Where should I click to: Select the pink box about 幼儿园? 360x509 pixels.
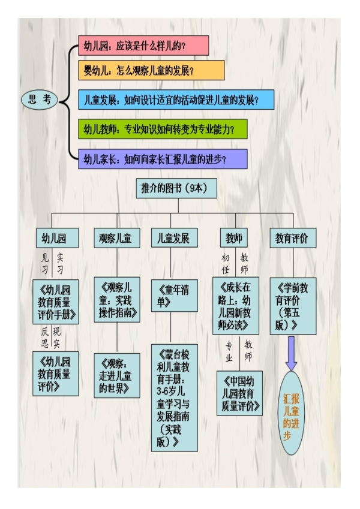143,46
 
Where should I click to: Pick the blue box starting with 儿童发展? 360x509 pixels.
176,100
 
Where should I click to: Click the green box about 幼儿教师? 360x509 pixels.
162,129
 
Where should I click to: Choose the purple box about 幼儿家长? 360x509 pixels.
162,159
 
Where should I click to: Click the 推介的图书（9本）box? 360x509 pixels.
170,189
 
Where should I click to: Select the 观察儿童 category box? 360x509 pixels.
115,238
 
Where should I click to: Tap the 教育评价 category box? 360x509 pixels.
292,238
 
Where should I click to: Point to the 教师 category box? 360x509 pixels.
233,238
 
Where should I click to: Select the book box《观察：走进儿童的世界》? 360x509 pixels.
116,375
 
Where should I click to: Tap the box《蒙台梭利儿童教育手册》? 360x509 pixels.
175,397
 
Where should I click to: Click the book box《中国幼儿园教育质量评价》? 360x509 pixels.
239,393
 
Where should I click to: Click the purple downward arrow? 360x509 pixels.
292,353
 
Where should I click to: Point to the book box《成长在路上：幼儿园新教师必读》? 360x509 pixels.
235,305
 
